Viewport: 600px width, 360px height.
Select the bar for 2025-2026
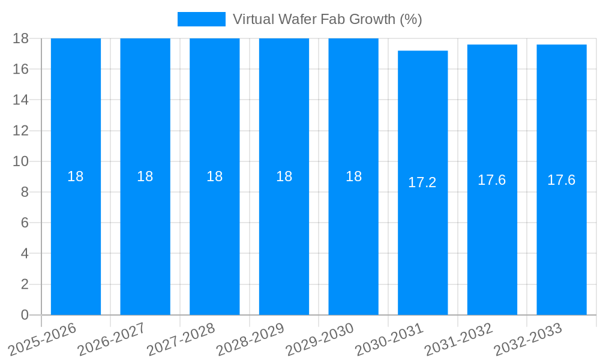coord(76,240)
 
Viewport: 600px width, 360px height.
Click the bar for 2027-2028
coord(214,240)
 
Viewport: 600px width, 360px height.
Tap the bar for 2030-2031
coord(422,240)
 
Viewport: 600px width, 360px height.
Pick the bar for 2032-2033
coord(561,240)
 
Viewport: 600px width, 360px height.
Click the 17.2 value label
coord(422,183)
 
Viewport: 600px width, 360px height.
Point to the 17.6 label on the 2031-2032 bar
coord(491,180)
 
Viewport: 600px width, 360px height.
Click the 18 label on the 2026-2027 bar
coord(145,176)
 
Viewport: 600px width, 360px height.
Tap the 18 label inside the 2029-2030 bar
coord(353,176)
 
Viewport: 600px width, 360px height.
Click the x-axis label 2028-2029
coord(250,339)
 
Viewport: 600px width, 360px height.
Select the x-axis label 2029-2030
coord(320,339)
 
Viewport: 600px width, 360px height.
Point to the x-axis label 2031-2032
coord(458,339)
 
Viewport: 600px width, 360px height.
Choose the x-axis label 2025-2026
coord(43,339)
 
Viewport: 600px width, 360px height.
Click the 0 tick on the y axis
coord(25,315)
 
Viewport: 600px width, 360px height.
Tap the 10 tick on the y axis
coord(21,161)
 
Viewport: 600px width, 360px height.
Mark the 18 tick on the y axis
coord(21,38)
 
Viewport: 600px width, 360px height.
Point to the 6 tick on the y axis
coord(25,223)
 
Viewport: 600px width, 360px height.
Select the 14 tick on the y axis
coord(21,100)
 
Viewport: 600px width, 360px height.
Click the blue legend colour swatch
coord(202,19)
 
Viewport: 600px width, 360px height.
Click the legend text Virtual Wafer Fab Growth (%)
coord(327,19)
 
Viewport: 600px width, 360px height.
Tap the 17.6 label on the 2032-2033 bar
coord(561,180)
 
